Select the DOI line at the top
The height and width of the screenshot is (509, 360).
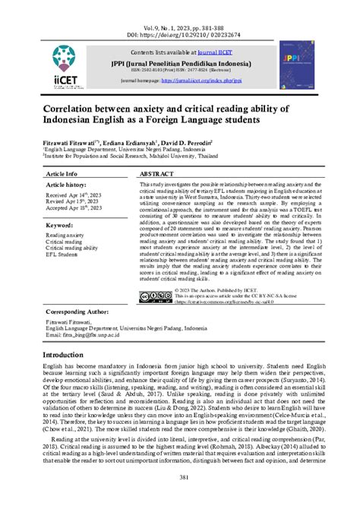click(x=179, y=14)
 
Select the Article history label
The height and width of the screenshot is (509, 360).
click(x=67, y=185)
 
